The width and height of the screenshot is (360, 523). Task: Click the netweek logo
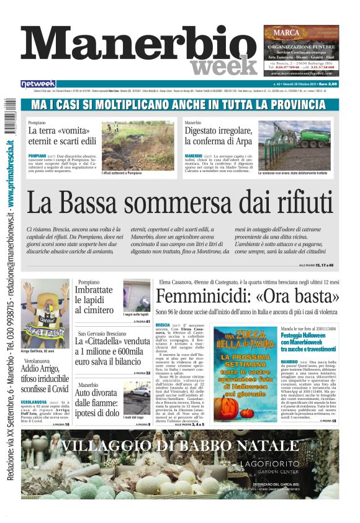point(38,83)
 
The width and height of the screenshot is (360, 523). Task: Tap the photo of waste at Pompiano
point(138,145)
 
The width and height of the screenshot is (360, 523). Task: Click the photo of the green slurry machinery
point(294,146)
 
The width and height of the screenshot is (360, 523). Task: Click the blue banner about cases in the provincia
point(180,104)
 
